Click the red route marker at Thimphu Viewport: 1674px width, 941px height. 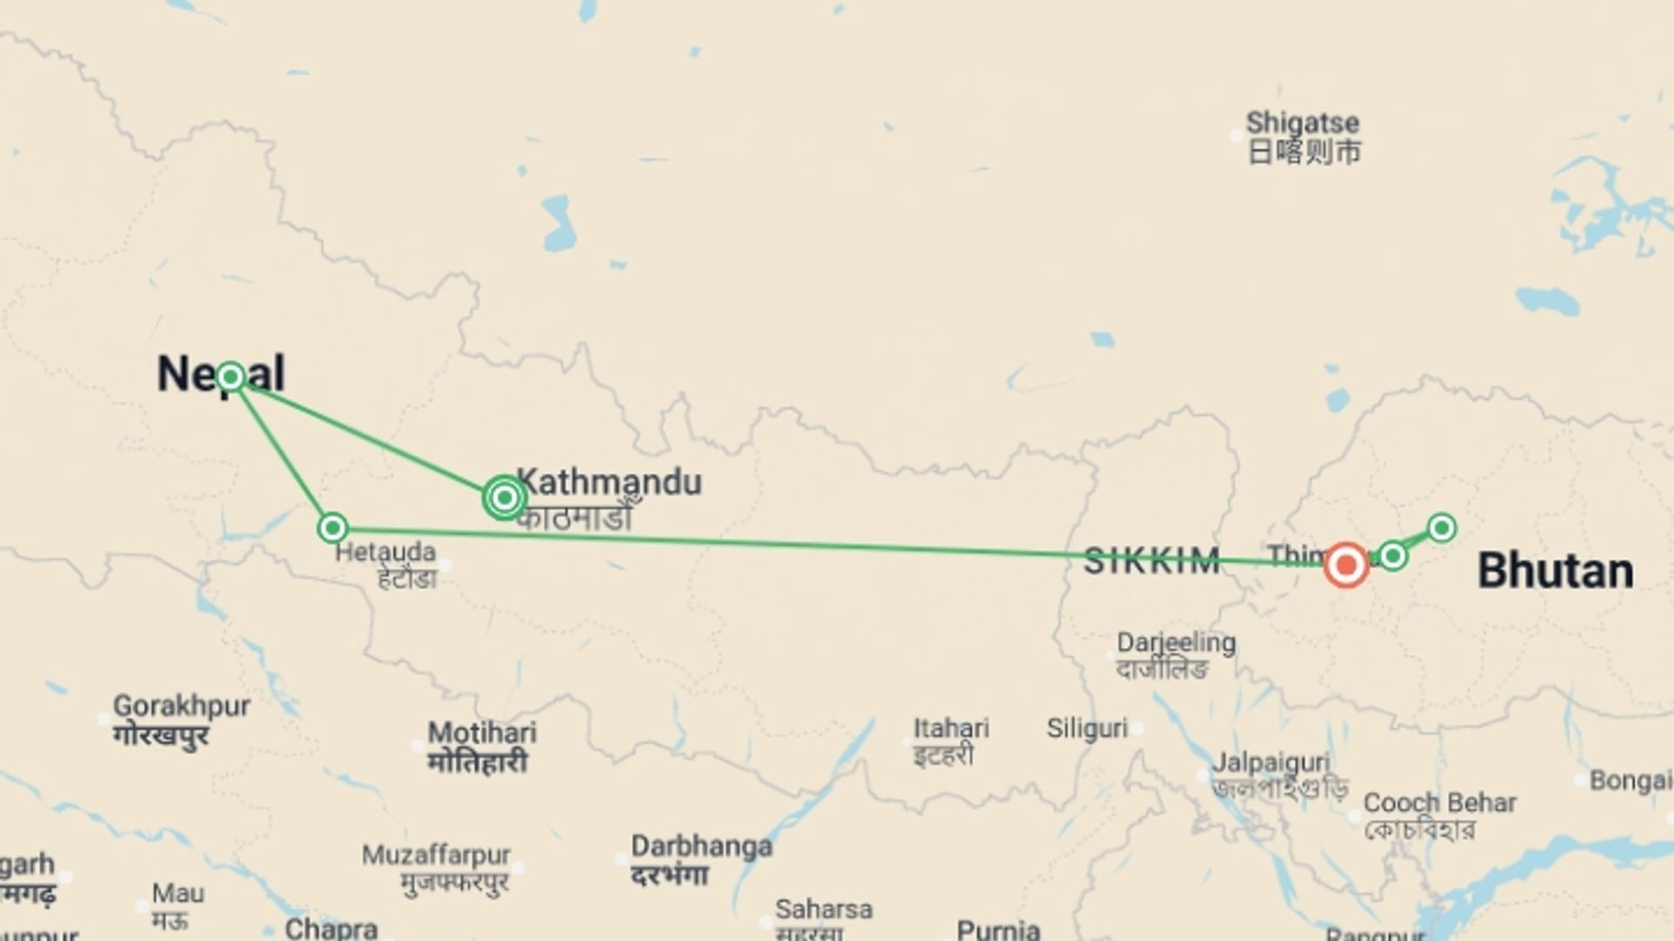[x=1346, y=565]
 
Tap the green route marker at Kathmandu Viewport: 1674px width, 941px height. [x=504, y=498]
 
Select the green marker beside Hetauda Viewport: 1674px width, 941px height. [x=332, y=528]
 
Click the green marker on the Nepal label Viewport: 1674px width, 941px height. [x=230, y=376]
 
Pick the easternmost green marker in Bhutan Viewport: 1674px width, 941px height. [x=1441, y=527]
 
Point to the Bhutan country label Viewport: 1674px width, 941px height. [x=1555, y=572]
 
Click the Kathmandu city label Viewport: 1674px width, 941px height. [x=609, y=482]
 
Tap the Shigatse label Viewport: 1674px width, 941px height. [x=1303, y=123]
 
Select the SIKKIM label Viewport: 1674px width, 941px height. [x=1151, y=562]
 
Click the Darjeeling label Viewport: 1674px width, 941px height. [x=1176, y=643]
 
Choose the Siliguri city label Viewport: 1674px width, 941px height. [x=1087, y=728]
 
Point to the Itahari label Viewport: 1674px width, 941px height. [x=951, y=728]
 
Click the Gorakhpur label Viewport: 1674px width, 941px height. [x=181, y=706]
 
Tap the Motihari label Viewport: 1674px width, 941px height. [x=482, y=733]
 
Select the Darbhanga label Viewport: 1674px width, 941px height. [x=702, y=846]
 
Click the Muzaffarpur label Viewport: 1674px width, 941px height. [x=436, y=855]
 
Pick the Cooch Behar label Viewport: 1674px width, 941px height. [x=1439, y=802]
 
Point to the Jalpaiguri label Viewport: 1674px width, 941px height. [x=1271, y=762]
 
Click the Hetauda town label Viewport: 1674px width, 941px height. [x=385, y=552]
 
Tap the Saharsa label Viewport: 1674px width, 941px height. [x=823, y=910]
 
